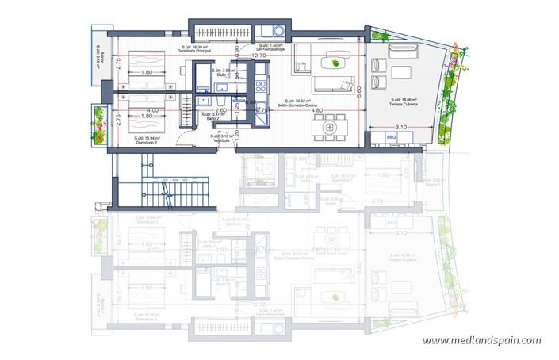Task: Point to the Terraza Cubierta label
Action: point(400,104)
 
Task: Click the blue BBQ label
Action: point(391,136)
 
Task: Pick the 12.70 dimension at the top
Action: point(259,56)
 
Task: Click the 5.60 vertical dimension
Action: point(359,90)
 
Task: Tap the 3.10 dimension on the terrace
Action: point(400,128)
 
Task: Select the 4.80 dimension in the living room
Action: point(316,111)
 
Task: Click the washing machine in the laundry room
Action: point(277,32)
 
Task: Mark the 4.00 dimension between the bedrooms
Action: point(152,110)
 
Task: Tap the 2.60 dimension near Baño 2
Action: point(221,111)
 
